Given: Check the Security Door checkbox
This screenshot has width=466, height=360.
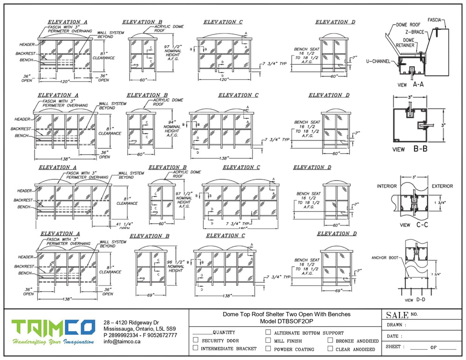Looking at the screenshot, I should pos(196,340).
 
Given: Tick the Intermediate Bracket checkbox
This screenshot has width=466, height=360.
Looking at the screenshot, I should pos(196,348).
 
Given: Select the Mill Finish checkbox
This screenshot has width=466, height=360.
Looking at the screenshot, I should pos(268,340).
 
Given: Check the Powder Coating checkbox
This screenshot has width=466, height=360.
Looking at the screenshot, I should pos(268,348).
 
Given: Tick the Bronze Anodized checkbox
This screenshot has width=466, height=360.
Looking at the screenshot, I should pos(330,340).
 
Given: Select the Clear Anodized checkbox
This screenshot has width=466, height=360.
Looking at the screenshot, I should pos(330,348).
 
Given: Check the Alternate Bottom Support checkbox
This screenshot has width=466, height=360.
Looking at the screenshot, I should pos(268,333).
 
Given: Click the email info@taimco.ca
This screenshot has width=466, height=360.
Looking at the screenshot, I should pos(122,341).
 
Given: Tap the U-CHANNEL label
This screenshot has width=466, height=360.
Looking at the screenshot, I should pos(378,61).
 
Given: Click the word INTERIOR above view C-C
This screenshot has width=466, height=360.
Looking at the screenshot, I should pos(386,186).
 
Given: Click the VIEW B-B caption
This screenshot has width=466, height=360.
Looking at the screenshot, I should pos(411,149).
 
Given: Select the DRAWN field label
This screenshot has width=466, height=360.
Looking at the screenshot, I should pos(397,325).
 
